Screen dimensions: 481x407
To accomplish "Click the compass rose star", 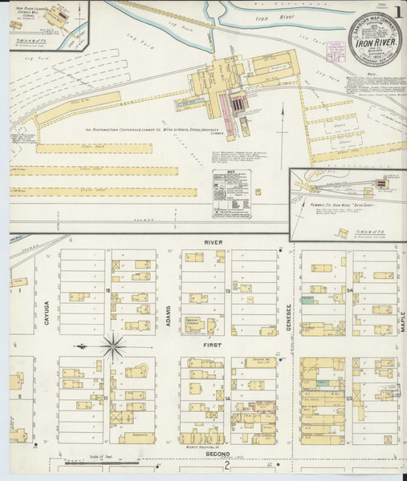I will pyautogui.click(x=112, y=347).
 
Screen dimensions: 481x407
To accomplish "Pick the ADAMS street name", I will pyautogui.click(x=168, y=321).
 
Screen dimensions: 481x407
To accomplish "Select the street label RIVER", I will pyautogui.click(x=214, y=242).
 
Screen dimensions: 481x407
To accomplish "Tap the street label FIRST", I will pyautogui.click(x=212, y=342).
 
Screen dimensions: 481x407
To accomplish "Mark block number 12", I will pyautogui.click(x=108, y=290).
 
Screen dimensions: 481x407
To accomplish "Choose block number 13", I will pyautogui.click(x=228, y=291).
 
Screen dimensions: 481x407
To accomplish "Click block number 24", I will pyautogui.click(x=350, y=289).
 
